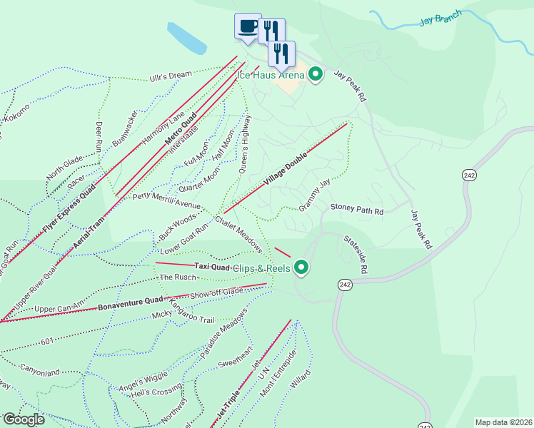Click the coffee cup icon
point(248,26)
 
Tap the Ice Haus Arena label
point(271,74)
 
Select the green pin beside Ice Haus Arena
point(316,74)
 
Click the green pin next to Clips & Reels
point(301,267)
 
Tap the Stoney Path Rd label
point(357,211)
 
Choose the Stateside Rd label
point(356,255)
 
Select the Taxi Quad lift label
point(211,267)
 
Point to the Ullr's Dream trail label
point(171,76)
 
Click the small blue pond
point(187,39)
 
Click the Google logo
point(24,419)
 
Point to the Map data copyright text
point(503,422)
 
